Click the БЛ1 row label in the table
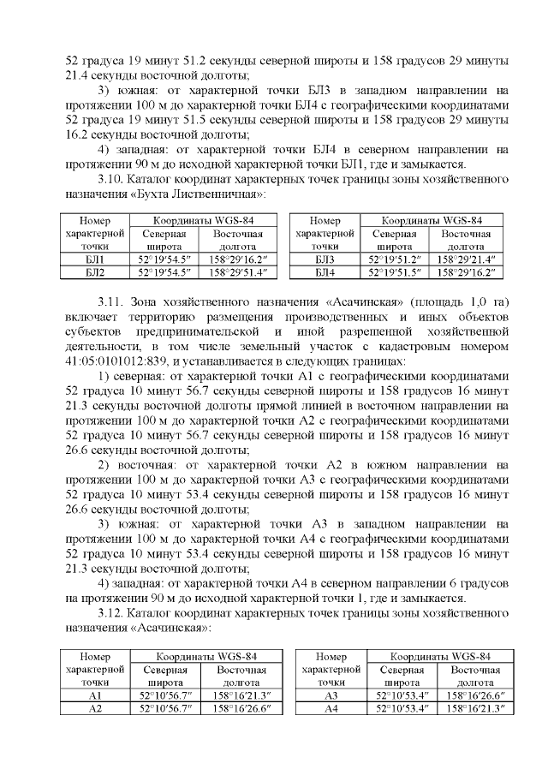tap(95, 259)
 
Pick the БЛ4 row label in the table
tap(325, 272)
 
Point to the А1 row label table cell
tap(95, 695)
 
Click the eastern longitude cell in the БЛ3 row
tap(467, 259)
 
